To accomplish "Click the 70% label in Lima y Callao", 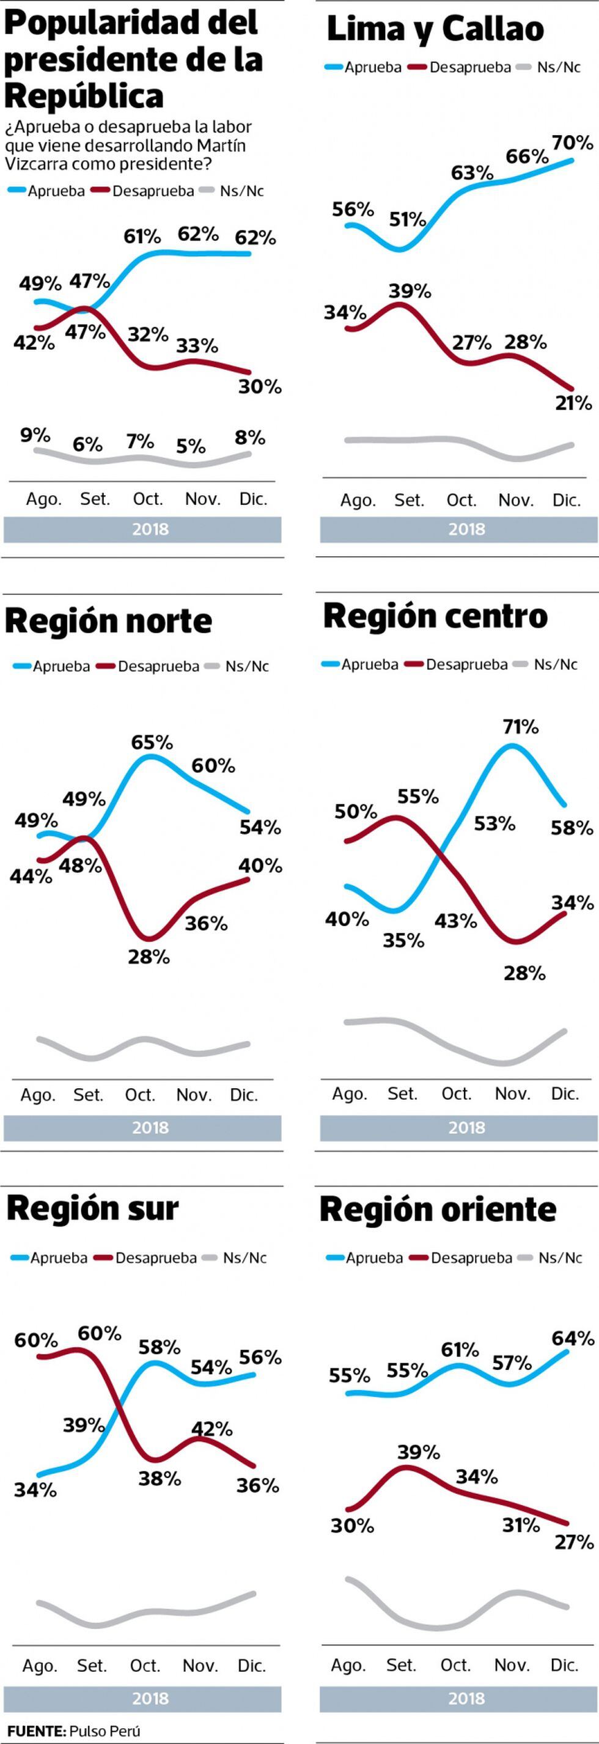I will pyautogui.click(x=573, y=143).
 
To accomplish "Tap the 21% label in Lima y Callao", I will pyautogui.click(x=573, y=403).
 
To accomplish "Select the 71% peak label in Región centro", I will pyautogui.click(x=521, y=727).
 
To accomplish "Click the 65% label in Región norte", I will pyautogui.click(x=152, y=743).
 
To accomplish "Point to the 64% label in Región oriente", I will pyautogui.click(x=573, y=1339).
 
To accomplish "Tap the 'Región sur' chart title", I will pyautogui.click(x=93, y=1208).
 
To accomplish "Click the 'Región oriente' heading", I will pyautogui.click(x=438, y=1209).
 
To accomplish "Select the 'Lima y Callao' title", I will pyautogui.click(x=435, y=29).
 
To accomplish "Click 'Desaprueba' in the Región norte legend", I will pyautogui.click(x=158, y=666).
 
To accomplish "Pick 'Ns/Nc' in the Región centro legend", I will pyautogui.click(x=555, y=664).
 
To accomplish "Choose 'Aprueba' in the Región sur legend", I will pyautogui.click(x=58, y=1258).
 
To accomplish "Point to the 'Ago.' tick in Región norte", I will pyautogui.click(x=38, y=1095).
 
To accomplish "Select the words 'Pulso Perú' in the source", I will pyautogui.click(x=105, y=1731).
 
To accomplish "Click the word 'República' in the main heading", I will pyautogui.click(x=84, y=96).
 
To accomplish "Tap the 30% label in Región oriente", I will pyautogui.click(x=352, y=1525).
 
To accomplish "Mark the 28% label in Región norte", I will pyautogui.click(x=149, y=957).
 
